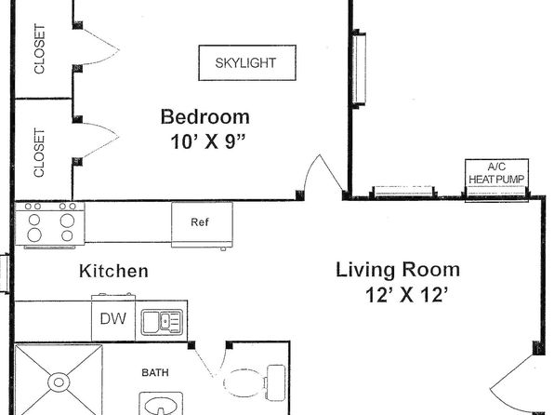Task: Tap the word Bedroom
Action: click(205, 116)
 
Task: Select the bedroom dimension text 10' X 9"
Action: click(208, 141)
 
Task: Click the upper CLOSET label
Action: click(40, 48)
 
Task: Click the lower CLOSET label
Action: click(40, 153)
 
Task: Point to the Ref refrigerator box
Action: click(202, 225)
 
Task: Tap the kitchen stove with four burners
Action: click(49, 224)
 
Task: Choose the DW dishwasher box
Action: click(113, 318)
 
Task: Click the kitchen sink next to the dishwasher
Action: click(162, 322)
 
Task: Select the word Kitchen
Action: click(113, 271)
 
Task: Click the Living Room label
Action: click(398, 270)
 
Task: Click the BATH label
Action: click(155, 372)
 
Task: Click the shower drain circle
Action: click(59, 382)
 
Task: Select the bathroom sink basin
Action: click(162, 405)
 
